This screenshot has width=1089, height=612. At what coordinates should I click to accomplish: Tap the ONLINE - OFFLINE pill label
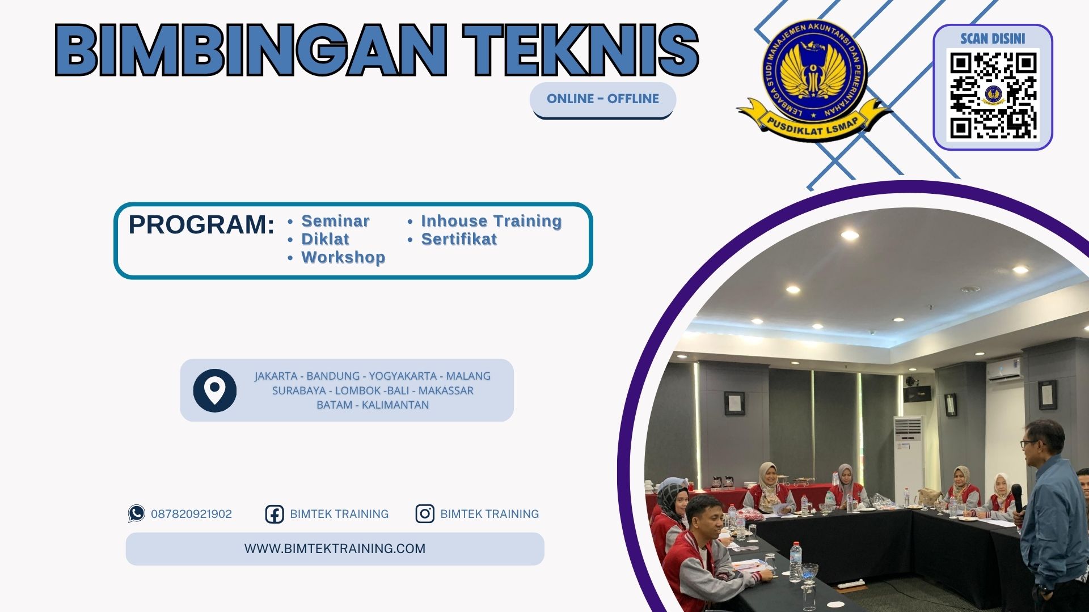(602, 99)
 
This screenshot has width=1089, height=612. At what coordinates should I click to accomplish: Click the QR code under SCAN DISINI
(993, 95)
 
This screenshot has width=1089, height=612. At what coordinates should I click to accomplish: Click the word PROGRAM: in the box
(201, 224)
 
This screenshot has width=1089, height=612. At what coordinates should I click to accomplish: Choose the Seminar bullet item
(335, 221)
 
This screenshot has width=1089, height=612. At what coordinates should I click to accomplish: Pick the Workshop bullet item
(343, 257)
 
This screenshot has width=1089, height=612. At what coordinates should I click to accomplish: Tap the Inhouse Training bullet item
(491, 221)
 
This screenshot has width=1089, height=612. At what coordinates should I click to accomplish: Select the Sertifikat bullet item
(459, 239)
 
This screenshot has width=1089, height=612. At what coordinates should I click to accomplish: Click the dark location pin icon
(214, 390)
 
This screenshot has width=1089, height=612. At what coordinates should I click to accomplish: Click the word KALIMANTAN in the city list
(395, 405)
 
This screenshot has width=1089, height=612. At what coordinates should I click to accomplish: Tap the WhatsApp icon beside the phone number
(136, 513)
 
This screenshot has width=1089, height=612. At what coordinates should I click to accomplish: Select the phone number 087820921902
(191, 514)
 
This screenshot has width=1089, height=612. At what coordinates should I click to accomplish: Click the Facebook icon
(275, 514)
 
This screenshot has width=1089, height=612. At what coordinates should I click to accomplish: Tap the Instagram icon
(424, 513)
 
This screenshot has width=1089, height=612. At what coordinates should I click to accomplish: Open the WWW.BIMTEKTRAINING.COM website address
(335, 549)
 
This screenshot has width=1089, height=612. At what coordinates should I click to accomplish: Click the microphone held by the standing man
(1016, 496)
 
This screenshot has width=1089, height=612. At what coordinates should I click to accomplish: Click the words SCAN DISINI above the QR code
(993, 39)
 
